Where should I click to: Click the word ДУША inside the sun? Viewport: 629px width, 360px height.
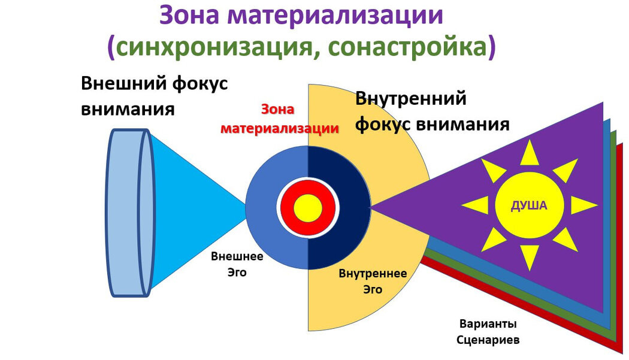529,205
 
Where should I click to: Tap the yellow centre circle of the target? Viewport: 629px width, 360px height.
308,207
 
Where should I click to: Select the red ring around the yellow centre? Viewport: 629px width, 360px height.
288,207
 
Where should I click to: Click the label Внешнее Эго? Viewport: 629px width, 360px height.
237,264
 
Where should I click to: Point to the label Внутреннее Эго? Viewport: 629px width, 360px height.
373,281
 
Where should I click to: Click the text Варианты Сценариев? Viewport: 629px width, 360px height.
488,331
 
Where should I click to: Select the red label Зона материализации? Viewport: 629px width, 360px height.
279,119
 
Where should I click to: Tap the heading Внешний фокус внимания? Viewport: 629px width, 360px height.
154,96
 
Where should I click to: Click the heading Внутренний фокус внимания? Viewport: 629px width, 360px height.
431,111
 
